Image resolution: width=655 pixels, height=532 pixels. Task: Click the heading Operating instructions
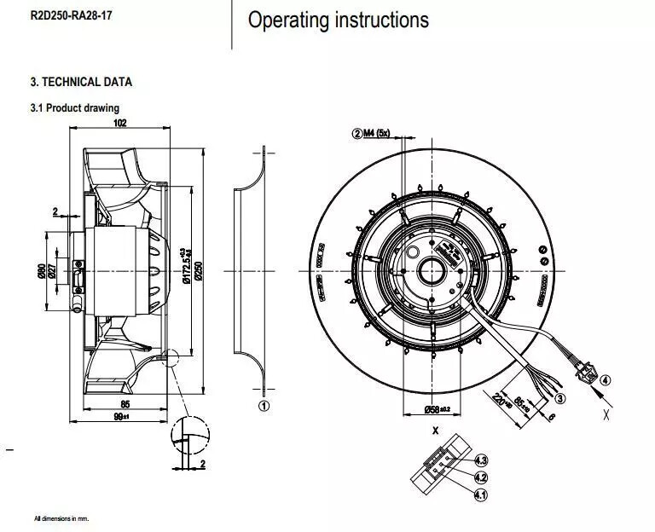coord(338,20)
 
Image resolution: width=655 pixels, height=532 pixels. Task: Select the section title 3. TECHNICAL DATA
coord(81,83)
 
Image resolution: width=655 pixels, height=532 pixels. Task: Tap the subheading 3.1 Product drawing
coord(74,108)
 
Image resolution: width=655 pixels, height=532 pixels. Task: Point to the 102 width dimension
coord(119,123)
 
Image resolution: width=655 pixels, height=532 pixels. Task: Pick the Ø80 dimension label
coord(40,270)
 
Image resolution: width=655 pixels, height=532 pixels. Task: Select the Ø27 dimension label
coord(52,270)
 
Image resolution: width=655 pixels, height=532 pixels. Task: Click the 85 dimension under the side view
coord(125,404)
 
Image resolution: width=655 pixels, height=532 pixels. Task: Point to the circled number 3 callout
coord(560,397)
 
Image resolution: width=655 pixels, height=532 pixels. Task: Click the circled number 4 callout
coord(606,380)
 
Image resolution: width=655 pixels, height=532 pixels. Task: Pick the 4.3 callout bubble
coord(481,461)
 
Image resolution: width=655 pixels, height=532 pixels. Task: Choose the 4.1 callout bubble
coord(481,494)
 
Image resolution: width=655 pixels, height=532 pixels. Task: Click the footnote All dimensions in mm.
coord(61,518)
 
